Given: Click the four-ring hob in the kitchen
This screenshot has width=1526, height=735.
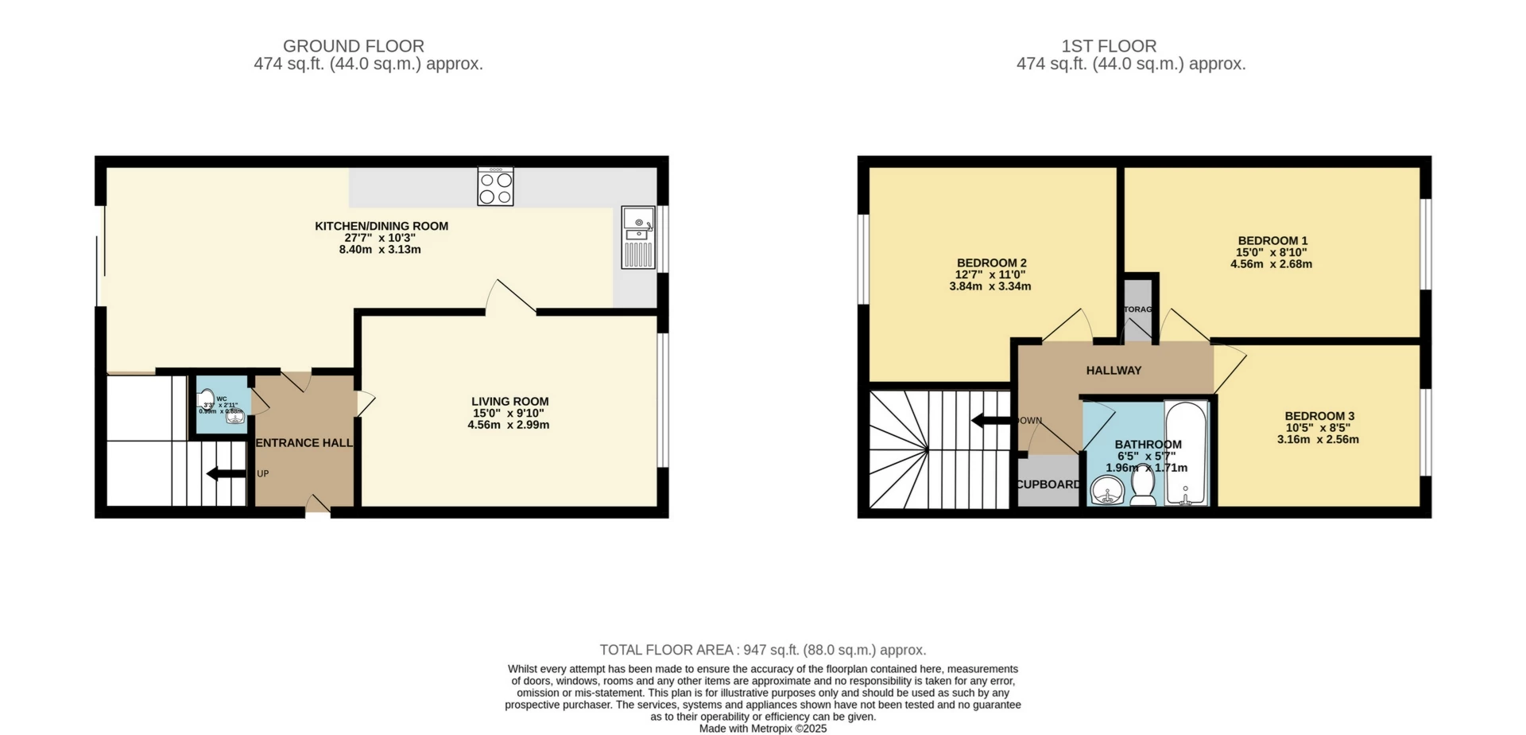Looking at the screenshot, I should [495, 187].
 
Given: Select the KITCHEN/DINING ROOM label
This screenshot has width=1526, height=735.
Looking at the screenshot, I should [381, 226].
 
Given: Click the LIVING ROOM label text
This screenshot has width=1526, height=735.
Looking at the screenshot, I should [509, 402].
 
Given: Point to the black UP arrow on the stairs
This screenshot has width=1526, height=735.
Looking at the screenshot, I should [226, 474].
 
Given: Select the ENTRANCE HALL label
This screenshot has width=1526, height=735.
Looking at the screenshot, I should [304, 443].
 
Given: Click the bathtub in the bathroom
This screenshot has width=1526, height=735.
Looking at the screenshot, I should [1186, 453].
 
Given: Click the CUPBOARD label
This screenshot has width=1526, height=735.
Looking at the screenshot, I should [1048, 484].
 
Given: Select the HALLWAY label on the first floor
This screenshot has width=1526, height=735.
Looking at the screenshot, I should [1114, 371].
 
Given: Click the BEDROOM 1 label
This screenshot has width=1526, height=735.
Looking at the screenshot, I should [1272, 240].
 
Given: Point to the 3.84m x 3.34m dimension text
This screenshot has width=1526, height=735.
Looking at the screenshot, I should [990, 286].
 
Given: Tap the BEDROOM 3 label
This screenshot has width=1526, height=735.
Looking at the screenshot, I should [1319, 416].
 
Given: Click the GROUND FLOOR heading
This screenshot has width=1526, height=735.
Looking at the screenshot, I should [354, 46].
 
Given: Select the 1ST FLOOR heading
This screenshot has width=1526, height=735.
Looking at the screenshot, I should [1109, 46].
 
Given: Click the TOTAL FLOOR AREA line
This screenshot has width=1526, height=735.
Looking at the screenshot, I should [762, 650].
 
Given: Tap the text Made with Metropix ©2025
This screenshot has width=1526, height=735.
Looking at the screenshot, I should [762, 729].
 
